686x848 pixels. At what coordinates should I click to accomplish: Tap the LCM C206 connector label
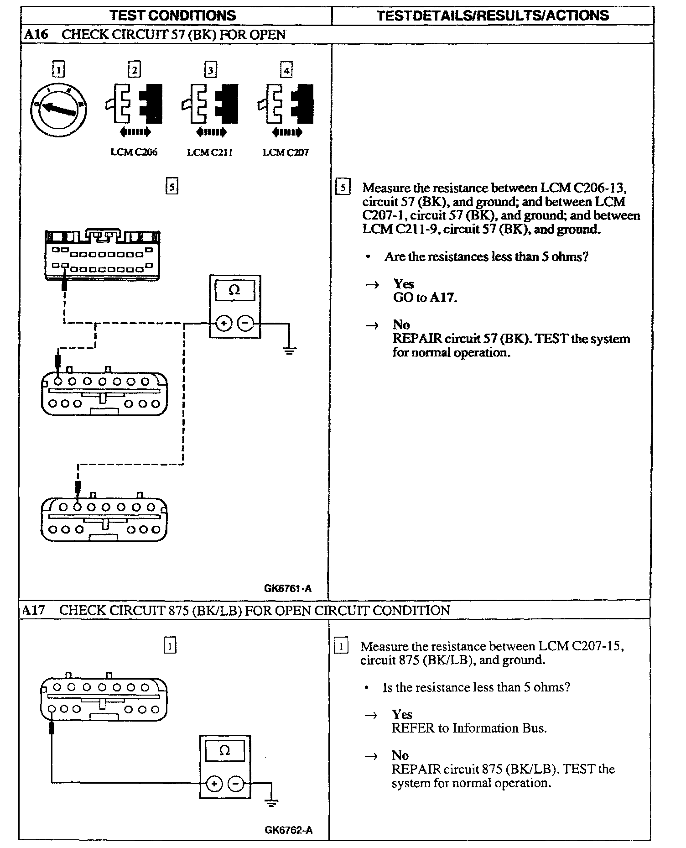tap(134, 152)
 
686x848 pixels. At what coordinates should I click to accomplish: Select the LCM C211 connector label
tap(210, 152)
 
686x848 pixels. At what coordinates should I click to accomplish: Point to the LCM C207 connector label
tap(286, 152)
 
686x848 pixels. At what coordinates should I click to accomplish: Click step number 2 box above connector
tap(134, 70)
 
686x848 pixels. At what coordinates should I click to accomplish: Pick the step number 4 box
tap(286, 70)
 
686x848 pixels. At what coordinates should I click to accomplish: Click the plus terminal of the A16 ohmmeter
tap(223, 324)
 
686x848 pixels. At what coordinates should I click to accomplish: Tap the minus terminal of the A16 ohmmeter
tap(245, 324)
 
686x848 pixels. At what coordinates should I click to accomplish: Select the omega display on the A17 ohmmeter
tap(225, 751)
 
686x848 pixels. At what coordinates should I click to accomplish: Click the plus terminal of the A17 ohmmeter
tap(214, 784)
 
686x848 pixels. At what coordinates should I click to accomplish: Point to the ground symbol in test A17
tap(271, 803)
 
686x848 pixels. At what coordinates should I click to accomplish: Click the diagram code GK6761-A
tap(288, 588)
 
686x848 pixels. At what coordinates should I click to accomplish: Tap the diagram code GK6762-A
tap(289, 830)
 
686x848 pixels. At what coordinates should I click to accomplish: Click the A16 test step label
tap(35, 35)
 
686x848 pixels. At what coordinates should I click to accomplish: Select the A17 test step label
tap(34, 610)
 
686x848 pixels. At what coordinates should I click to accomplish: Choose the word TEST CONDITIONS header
tap(173, 16)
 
